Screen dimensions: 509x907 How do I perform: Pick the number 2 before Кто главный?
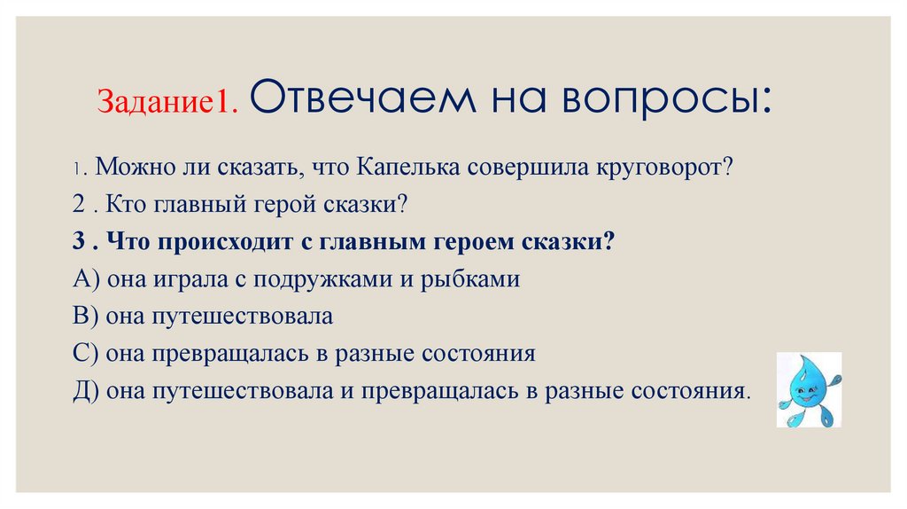coord(79,205)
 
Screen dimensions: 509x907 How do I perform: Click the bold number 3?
coord(79,242)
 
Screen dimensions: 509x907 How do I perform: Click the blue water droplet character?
coord(808,388)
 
